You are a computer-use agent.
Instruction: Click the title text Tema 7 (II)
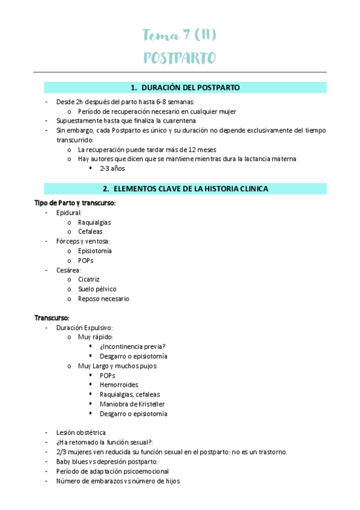179,35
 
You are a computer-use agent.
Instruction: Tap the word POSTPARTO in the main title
180,58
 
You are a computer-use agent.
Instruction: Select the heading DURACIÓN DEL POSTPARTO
185,88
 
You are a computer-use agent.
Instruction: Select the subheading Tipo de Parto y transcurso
75,203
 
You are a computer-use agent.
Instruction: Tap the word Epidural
69,212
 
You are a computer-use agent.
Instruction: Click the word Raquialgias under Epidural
94,222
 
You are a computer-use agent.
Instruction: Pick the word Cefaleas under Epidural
90,232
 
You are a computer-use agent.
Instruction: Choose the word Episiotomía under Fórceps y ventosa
95,251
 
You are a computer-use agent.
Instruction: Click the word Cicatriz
89,280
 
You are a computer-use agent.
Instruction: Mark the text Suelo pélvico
97,289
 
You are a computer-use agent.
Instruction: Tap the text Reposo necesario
103,299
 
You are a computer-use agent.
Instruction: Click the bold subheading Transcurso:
52,318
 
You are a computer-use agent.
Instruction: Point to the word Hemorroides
119,384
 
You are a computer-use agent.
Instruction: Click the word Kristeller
150,404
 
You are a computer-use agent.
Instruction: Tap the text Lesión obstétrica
81,432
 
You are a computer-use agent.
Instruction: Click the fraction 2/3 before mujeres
61,452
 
